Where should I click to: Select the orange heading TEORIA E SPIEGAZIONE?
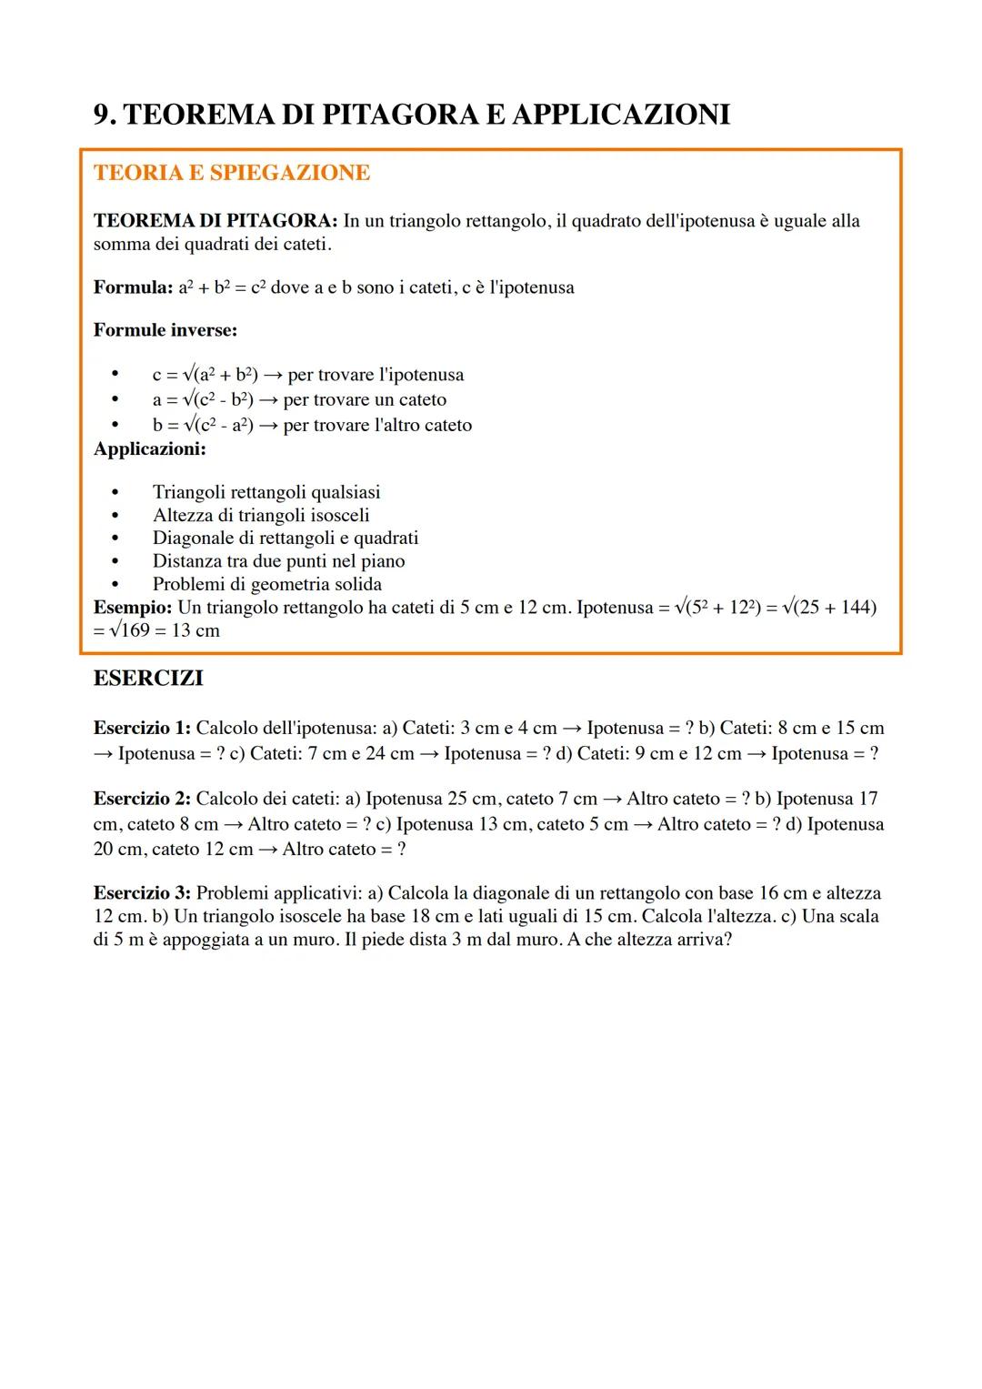pos(231,173)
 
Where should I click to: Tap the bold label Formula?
pos(131,287)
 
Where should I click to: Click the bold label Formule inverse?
pos(165,329)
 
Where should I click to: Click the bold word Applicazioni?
pos(149,448)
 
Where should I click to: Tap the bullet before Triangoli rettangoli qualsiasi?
pos(115,492)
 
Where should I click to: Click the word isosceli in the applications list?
pos(336,515)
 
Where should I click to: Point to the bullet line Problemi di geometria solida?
pos(266,584)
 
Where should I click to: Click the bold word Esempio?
pos(132,607)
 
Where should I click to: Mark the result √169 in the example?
pos(128,630)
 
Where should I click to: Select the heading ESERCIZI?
pos(148,679)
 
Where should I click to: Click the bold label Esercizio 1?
pos(142,728)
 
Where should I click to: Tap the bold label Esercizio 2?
pos(142,799)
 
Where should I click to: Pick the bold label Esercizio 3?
pos(142,893)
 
